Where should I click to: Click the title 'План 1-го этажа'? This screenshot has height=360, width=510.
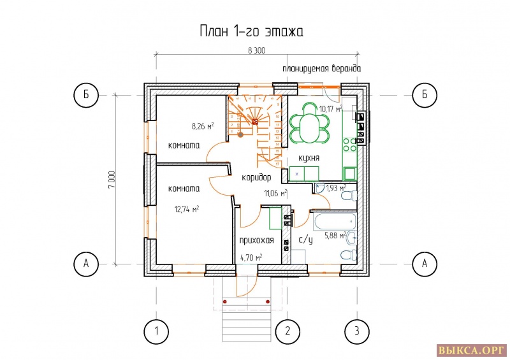[x=251, y=32]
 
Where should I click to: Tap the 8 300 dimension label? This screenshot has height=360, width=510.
[x=257, y=50]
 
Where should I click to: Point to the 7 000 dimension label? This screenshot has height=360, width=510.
[x=112, y=180]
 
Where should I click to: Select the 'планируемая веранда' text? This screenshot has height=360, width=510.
[x=321, y=69]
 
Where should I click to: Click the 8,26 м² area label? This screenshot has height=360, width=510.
[x=203, y=126]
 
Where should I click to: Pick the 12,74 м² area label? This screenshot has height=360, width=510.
[x=187, y=209]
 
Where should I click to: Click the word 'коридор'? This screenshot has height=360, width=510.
[x=256, y=178]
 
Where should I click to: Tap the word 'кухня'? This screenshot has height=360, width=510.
[x=309, y=158]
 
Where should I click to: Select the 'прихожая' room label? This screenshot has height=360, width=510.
[x=257, y=240]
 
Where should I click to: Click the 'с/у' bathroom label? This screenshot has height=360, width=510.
[x=306, y=240]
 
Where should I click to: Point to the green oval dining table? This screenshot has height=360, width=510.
[x=309, y=123]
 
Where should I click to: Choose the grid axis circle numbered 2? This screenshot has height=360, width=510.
[x=288, y=332]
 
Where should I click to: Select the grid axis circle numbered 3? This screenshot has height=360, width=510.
[x=357, y=332]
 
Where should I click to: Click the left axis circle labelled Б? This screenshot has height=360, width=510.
[x=86, y=95]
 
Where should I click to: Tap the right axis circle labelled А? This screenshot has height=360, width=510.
[x=425, y=263]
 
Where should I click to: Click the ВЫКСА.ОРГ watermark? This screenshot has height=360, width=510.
[x=471, y=351]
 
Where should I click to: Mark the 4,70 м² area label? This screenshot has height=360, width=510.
[x=251, y=258]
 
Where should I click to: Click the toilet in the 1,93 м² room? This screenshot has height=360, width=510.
[x=349, y=196]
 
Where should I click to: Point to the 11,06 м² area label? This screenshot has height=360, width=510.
[x=276, y=194]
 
